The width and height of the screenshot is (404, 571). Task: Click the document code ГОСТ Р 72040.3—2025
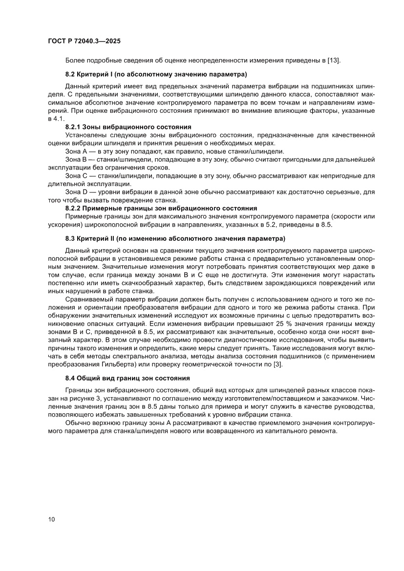tap(84, 42)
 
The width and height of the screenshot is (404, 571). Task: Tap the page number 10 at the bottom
tap(51, 519)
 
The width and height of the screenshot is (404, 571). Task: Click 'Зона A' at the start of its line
tap(76, 151)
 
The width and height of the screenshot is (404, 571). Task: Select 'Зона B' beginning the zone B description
tap(76, 159)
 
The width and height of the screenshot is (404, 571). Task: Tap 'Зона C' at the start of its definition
tap(76, 175)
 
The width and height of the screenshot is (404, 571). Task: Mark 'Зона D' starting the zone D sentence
tap(76, 191)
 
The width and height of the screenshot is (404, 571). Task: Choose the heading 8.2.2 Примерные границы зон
tap(161, 208)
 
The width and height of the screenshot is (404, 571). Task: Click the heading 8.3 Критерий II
tap(175, 239)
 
